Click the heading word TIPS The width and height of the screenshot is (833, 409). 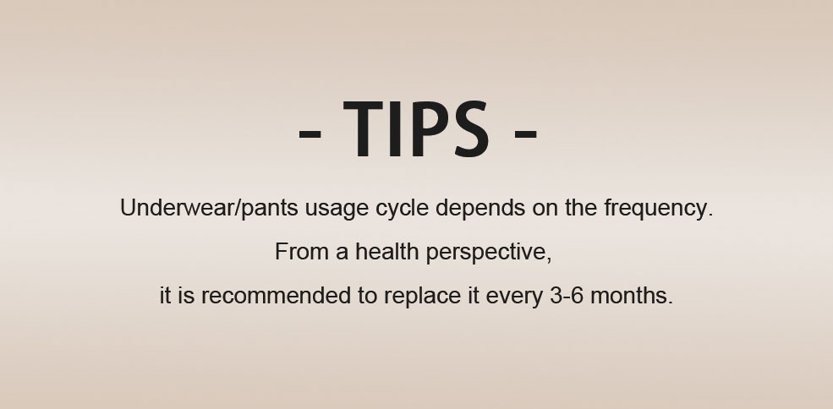point(416,129)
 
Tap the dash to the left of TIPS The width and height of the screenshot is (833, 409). point(310,134)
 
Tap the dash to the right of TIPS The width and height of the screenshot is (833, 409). point(526,134)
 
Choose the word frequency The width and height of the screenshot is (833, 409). point(658,208)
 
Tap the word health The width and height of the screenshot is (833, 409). point(386,251)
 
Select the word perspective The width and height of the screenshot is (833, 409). point(489,254)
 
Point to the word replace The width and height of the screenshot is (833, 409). point(422,297)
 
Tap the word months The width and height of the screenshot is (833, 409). point(632,295)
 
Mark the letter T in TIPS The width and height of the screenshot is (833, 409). point(363,129)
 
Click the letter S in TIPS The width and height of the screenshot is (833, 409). point(471,129)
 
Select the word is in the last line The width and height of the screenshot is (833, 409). point(186,295)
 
